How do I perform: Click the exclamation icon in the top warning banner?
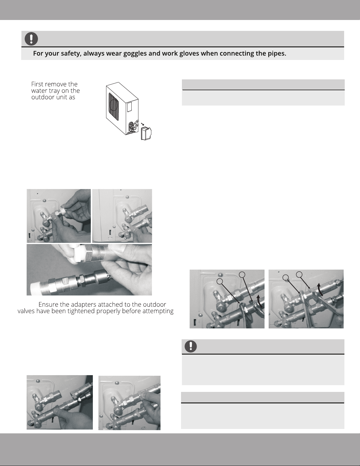[31, 39]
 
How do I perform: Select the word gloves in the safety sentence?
[189, 54]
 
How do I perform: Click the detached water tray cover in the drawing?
[146, 133]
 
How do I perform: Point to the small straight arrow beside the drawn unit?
[143, 124]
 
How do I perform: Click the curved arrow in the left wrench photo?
[260, 301]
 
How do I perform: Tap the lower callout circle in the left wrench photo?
[220, 281]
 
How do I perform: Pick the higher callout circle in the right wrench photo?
[299, 274]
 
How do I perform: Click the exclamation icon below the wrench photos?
[191, 347]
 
